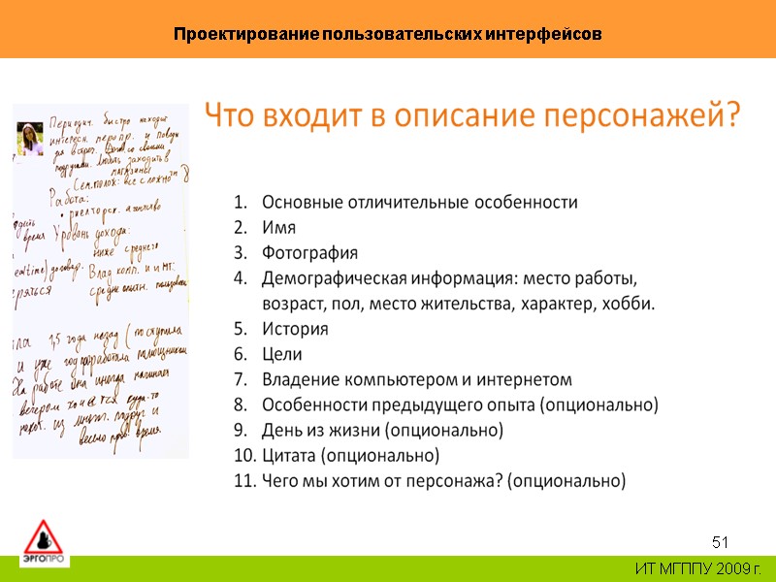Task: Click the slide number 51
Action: pos(720,540)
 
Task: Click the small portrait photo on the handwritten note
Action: pos(30,139)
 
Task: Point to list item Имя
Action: pos(279,228)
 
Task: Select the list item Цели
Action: pos(282,354)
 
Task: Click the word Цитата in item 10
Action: pos(289,455)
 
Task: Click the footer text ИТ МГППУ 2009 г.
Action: pos(697,567)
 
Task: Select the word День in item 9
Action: pos(280,430)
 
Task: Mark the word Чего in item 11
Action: pos(280,480)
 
